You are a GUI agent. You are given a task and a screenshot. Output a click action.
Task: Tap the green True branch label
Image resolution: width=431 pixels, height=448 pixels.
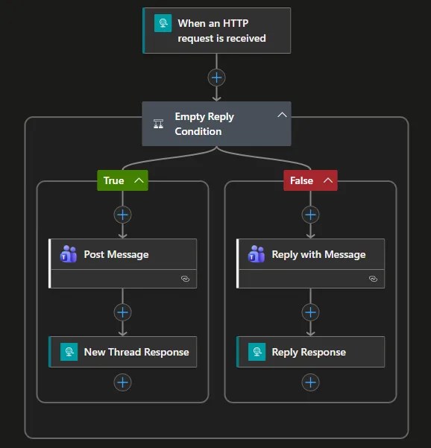[x=114, y=180]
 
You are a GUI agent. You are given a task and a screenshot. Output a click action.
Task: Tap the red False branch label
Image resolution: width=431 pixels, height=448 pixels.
[x=302, y=180]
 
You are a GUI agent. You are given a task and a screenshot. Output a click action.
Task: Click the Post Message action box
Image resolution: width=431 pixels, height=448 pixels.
[x=123, y=255]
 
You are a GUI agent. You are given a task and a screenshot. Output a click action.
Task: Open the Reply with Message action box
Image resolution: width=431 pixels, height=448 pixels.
[x=311, y=255]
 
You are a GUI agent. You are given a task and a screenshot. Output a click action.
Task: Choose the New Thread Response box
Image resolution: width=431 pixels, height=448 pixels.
[x=123, y=352]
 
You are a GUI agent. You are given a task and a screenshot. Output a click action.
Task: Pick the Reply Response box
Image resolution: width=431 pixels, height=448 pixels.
[x=311, y=352]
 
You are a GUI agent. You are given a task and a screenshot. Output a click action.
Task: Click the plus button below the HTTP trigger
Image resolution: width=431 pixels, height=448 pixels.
[x=216, y=78]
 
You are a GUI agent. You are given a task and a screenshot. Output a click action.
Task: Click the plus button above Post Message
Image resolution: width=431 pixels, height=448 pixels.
[x=123, y=215]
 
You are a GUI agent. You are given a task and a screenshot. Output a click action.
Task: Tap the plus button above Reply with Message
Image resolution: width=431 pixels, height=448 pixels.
[x=311, y=215]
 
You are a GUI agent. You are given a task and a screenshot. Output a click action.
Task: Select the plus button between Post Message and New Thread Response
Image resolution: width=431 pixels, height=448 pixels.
[x=123, y=312]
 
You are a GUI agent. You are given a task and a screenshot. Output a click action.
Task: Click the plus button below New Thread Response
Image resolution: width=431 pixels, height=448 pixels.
[x=123, y=382]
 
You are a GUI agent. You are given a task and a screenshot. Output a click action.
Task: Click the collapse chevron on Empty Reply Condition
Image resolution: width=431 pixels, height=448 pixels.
[x=282, y=115]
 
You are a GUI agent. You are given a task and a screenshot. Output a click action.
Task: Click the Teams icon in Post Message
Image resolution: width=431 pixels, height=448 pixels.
[x=69, y=254]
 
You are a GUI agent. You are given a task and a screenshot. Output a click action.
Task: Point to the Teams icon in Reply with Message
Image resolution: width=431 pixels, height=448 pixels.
[x=257, y=254]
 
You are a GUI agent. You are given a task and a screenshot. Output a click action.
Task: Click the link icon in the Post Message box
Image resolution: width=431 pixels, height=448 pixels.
[x=185, y=279]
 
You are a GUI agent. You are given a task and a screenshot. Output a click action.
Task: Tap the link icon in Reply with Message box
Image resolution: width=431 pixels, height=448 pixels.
[x=373, y=279]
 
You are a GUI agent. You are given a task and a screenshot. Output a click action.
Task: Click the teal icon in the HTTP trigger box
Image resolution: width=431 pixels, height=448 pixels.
[x=163, y=23]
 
